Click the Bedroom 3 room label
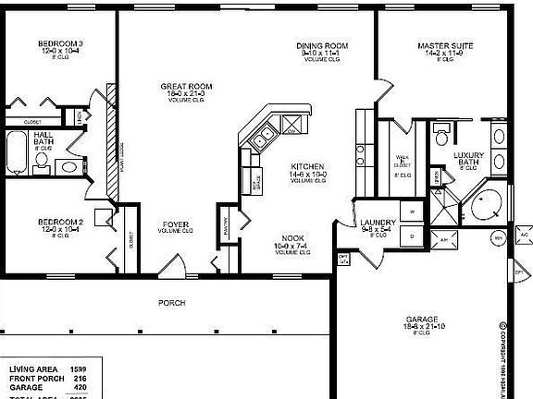coord(61,43)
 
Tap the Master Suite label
coord(440,44)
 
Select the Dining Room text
coord(322,45)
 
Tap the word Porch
coord(171,302)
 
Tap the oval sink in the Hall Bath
coord(68,167)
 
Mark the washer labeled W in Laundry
coord(412,213)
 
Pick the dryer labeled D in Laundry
coord(412,236)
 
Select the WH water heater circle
coord(498,238)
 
